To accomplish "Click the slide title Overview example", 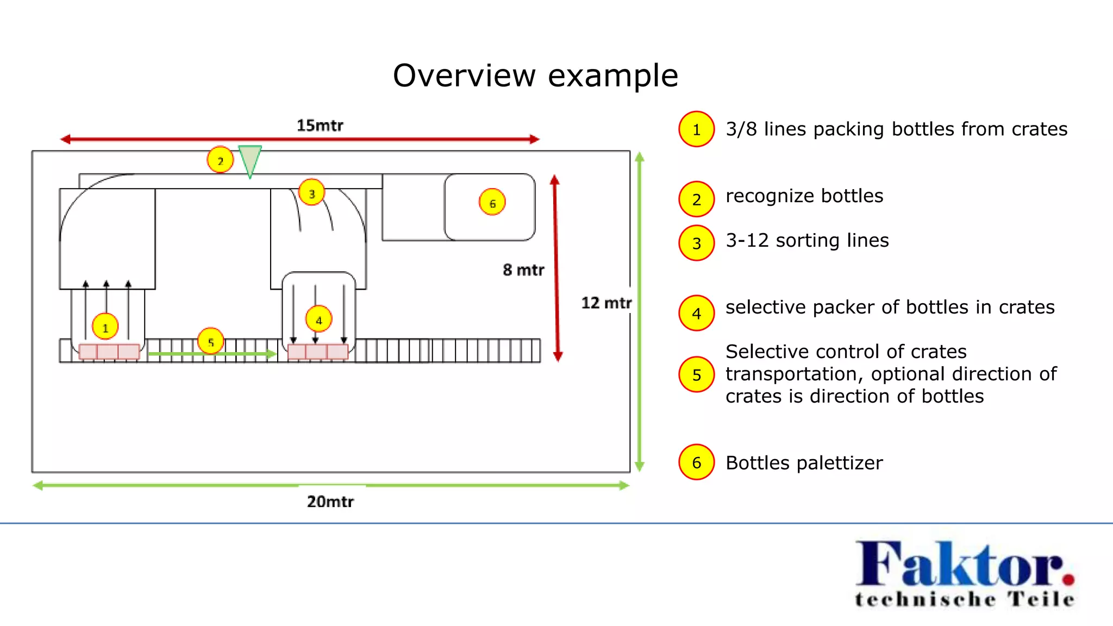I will tap(535, 75).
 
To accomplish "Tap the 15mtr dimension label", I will tap(320, 126).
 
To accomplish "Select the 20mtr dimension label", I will tap(330, 501).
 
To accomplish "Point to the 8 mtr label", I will tap(523, 270).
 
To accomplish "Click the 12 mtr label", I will tap(606, 303).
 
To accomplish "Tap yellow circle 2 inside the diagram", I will tap(220, 160).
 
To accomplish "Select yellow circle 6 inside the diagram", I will tap(492, 203).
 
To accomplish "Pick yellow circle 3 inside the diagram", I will tap(312, 193).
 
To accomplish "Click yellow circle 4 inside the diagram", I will tap(319, 320).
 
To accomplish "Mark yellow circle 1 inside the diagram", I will tap(105, 327).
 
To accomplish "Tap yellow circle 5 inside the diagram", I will tap(211, 342).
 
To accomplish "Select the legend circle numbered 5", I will tap(696, 374).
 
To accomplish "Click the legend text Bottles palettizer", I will tap(804, 463).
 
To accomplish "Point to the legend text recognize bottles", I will tap(804, 196).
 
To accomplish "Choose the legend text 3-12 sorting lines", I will tap(807, 240).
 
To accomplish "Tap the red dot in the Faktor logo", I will tap(1068, 579).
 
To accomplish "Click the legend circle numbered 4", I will tap(696, 314).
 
